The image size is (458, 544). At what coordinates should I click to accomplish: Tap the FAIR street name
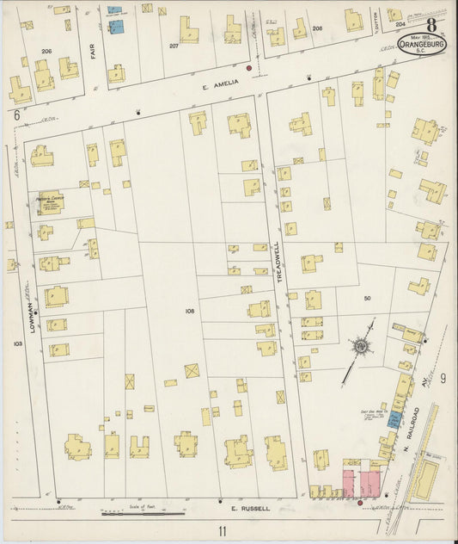point(93,51)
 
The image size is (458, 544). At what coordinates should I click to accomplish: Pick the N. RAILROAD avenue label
point(412,419)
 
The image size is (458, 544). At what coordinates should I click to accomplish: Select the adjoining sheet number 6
point(15,114)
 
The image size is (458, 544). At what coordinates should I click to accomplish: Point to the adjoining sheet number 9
point(442,378)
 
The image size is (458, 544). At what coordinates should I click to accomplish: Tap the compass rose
point(361,347)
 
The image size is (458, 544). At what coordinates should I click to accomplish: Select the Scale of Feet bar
point(143,514)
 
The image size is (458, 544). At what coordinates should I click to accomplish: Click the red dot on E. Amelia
point(249,67)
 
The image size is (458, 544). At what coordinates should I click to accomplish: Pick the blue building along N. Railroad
point(393,419)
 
